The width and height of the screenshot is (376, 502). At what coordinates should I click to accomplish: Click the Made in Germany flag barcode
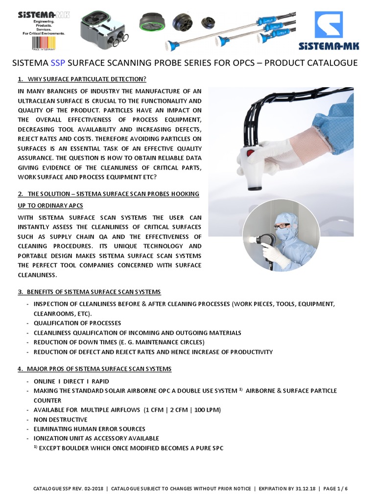[x=44, y=41]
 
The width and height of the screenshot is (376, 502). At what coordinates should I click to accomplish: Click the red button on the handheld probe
[x=250, y=153]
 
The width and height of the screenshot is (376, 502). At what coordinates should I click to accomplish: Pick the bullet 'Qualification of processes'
[x=77, y=323]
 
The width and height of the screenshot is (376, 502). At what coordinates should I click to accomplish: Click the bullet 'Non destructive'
[x=61, y=419]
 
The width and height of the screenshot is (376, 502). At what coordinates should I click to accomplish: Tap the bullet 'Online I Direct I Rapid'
[x=71, y=381]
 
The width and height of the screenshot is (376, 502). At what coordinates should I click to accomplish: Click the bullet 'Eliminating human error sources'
[x=90, y=428]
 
